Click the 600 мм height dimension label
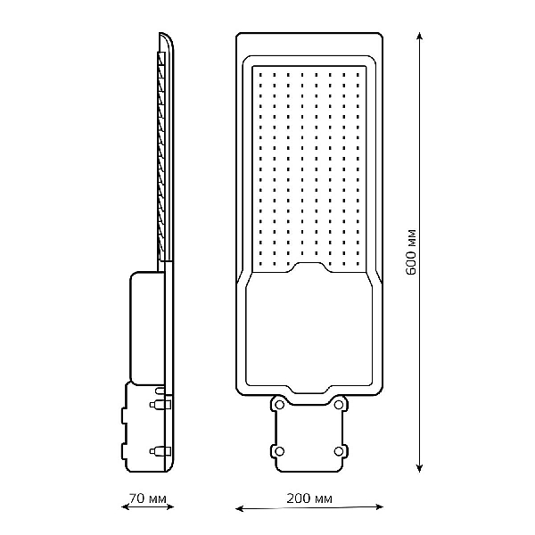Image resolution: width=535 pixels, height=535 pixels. (x=412, y=252)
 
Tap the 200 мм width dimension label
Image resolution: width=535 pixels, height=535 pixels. (x=309, y=498)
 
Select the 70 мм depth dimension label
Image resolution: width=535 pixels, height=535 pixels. (x=147, y=498)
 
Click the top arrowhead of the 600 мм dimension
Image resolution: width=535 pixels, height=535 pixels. (x=420, y=37)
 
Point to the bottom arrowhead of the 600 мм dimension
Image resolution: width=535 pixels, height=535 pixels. (x=420, y=468)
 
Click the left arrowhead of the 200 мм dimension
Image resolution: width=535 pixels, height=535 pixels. (x=240, y=509)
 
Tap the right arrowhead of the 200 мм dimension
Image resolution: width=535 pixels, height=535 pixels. (x=379, y=507)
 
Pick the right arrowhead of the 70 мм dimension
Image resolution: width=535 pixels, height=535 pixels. (x=169, y=507)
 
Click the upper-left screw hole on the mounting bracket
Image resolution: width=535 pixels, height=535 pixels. (x=279, y=405)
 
